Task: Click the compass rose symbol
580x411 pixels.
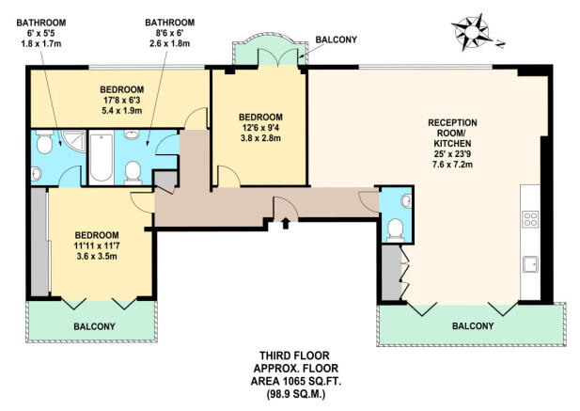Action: (x=472, y=32)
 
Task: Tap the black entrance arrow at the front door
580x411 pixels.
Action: (x=286, y=224)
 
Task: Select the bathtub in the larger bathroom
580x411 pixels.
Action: (x=101, y=158)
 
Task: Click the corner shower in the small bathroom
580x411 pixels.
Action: (x=74, y=140)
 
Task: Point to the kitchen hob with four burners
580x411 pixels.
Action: (x=530, y=218)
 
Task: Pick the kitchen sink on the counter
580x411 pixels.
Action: (x=530, y=264)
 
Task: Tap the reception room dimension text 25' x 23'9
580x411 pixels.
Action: (x=452, y=154)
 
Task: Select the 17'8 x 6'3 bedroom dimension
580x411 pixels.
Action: (x=121, y=100)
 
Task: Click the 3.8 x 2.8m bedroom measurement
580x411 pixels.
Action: (x=260, y=138)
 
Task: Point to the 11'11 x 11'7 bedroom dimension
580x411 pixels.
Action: (x=97, y=245)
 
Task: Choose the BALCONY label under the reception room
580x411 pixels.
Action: (x=473, y=326)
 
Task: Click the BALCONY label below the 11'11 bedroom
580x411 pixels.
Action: (x=94, y=326)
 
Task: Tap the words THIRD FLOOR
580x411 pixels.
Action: (x=294, y=356)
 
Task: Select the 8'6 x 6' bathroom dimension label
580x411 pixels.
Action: (x=170, y=33)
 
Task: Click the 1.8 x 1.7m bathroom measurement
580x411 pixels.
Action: (x=41, y=43)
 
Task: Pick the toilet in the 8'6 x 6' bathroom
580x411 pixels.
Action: (x=133, y=172)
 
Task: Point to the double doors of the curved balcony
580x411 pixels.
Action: (x=278, y=57)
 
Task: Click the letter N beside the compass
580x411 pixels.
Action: (x=500, y=44)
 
